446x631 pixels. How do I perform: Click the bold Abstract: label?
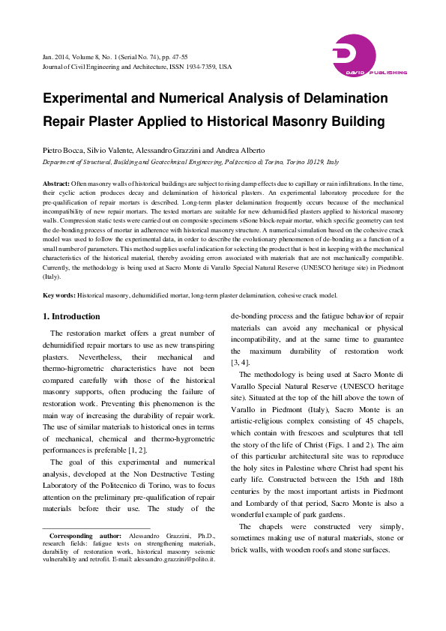(x=56, y=183)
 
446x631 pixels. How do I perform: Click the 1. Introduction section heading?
(x=70, y=316)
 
